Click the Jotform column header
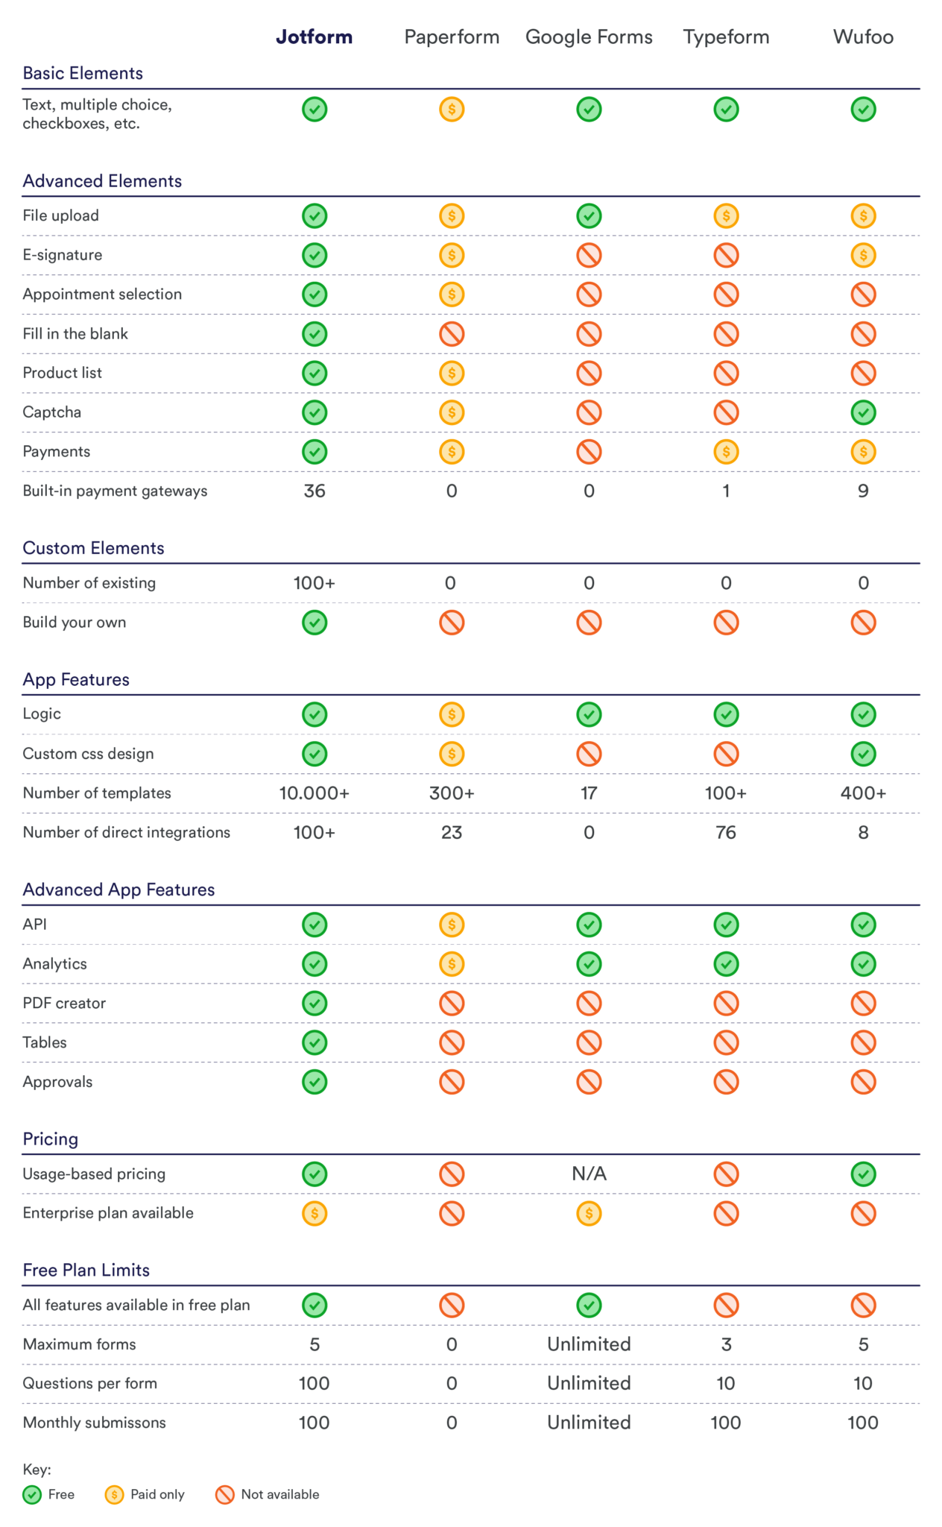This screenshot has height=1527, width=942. [314, 37]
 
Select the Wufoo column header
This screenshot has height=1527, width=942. [863, 37]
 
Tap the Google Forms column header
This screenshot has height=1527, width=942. [589, 37]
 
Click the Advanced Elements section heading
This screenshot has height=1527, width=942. [102, 181]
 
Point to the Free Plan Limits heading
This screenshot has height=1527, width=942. [86, 1270]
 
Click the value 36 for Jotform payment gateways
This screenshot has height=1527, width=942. [314, 491]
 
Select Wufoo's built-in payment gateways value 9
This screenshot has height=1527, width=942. [863, 491]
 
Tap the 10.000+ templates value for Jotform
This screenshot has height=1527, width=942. [314, 793]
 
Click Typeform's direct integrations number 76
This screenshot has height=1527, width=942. [726, 833]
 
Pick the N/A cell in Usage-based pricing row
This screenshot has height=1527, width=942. [589, 1174]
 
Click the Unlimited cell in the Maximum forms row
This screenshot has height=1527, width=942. [589, 1344]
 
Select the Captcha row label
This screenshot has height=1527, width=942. [51, 412]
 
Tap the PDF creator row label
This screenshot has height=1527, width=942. [64, 1004]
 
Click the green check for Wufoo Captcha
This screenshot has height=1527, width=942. [863, 412]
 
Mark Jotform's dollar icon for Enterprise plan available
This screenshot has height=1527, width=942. [314, 1213]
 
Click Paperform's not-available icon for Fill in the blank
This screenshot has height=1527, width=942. [452, 333]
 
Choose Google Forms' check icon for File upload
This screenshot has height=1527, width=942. [589, 216]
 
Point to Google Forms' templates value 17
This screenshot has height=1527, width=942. [589, 793]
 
